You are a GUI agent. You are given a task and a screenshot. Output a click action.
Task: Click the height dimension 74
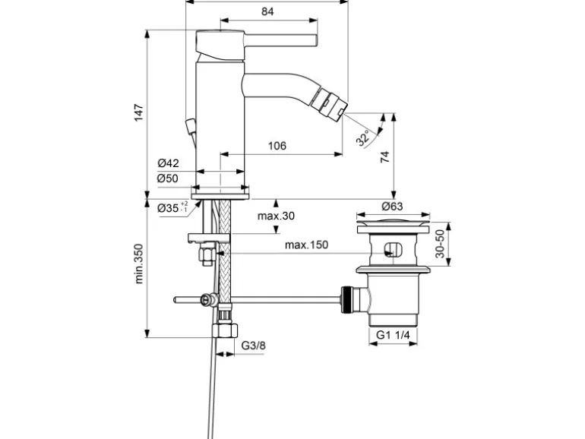click(x=384, y=156)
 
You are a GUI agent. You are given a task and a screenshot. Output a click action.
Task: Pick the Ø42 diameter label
click(x=168, y=163)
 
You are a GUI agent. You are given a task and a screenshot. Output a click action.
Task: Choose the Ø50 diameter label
click(x=168, y=178)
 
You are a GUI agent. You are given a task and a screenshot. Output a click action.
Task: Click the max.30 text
click(x=275, y=216)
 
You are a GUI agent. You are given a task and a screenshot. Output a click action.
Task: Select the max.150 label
click(x=305, y=245)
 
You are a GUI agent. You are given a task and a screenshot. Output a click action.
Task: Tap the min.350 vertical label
click(x=139, y=264)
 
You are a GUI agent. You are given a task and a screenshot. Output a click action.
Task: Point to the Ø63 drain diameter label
click(x=392, y=206)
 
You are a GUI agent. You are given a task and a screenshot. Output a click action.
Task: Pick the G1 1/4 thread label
click(x=393, y=336)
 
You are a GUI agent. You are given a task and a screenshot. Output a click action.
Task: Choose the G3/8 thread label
click(x=255, y=346)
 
